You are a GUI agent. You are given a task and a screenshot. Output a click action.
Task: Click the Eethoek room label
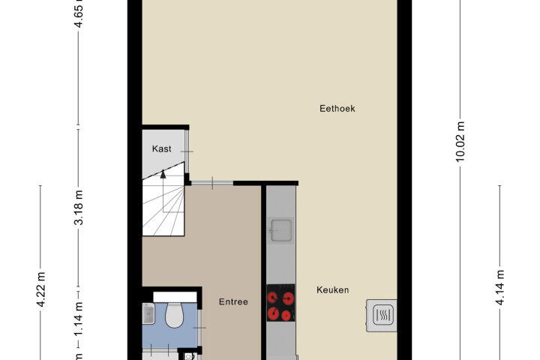[337, 109]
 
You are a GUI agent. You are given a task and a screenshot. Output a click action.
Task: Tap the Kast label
[161, 148]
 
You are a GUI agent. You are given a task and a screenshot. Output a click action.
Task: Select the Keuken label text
[333, 290]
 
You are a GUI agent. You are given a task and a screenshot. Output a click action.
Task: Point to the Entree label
[233, 301]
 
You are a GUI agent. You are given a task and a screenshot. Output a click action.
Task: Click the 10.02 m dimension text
[460, 141]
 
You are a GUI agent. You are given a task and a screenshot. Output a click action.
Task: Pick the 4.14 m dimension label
[499, 288]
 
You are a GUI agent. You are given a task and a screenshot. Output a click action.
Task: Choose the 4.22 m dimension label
[40, 289]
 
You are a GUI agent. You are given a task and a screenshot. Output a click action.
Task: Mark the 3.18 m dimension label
[79, 208]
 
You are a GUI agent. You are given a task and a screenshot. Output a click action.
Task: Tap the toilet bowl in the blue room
[174, 315]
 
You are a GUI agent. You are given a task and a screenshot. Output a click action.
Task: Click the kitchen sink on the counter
[281, 230]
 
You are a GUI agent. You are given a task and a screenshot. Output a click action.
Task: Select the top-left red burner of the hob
[273, 296]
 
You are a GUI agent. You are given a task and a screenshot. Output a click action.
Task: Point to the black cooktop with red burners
[280, 303]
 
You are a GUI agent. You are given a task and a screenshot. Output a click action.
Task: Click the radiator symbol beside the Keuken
[382, 316]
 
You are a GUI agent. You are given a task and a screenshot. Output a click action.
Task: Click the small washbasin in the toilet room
[148, 313]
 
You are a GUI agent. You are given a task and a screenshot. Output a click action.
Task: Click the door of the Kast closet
[187, 151]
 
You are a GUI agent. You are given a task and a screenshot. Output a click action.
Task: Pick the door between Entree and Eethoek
[212, 183]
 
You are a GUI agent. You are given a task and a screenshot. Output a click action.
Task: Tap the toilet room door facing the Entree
[199, 327]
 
